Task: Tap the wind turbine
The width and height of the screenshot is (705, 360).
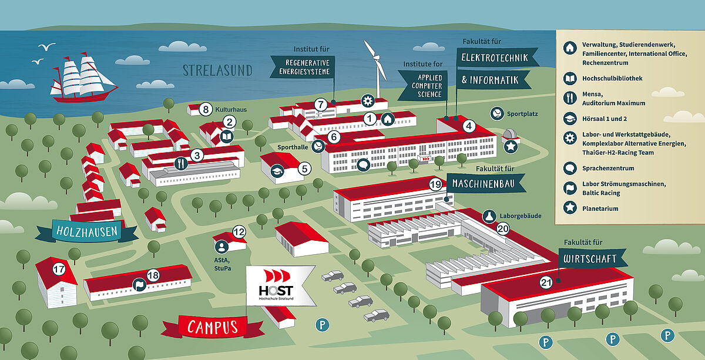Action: [x=377, y=68]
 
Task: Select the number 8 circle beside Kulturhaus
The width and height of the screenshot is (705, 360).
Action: [x=206, y=109]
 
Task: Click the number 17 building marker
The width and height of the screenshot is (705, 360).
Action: [x=59, y=269]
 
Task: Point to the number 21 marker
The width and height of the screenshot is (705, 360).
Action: [x=546, y=282]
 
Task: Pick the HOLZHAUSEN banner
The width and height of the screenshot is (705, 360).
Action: [x=86, y=231]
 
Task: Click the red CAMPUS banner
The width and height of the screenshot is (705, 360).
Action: [x=213, y=327]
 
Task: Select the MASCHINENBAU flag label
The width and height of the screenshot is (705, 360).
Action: [x=485, y=183]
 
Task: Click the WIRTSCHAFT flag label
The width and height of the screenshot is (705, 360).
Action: [x=592, y=258]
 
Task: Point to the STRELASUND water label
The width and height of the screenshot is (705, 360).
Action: [x=217, y=70]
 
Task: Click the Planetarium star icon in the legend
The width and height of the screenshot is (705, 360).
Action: [x=570, y=208]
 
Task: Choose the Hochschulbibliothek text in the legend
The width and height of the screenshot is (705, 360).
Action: [x=612, y=78]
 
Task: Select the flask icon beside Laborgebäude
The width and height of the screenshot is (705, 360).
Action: [x=489, y=216]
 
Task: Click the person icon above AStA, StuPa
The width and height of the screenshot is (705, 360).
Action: [x=221, y=247]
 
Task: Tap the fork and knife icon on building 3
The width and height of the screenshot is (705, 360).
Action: [x=181, y=163]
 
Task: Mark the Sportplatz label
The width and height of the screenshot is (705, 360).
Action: [x=522, y=114]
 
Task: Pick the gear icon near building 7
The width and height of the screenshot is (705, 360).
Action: [x=368, y=101]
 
